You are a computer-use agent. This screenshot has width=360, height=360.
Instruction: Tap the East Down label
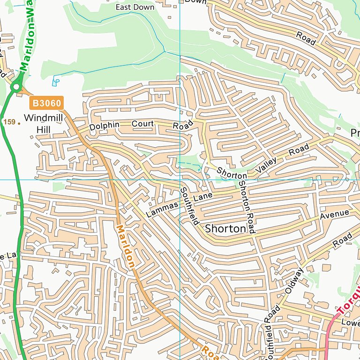pos(135,7)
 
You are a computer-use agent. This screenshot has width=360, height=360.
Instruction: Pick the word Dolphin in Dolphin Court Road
pos(105,126)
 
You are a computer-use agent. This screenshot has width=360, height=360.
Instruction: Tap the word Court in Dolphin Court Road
pos(142,124)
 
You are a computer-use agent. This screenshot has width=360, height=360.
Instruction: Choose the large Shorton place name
pos(225,229)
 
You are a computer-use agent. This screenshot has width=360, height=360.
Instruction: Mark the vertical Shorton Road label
pos(246,202)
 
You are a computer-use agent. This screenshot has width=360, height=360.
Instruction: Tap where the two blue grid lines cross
pos(180,180)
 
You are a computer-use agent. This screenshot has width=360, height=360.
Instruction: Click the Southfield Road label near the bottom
pos(269,330)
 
